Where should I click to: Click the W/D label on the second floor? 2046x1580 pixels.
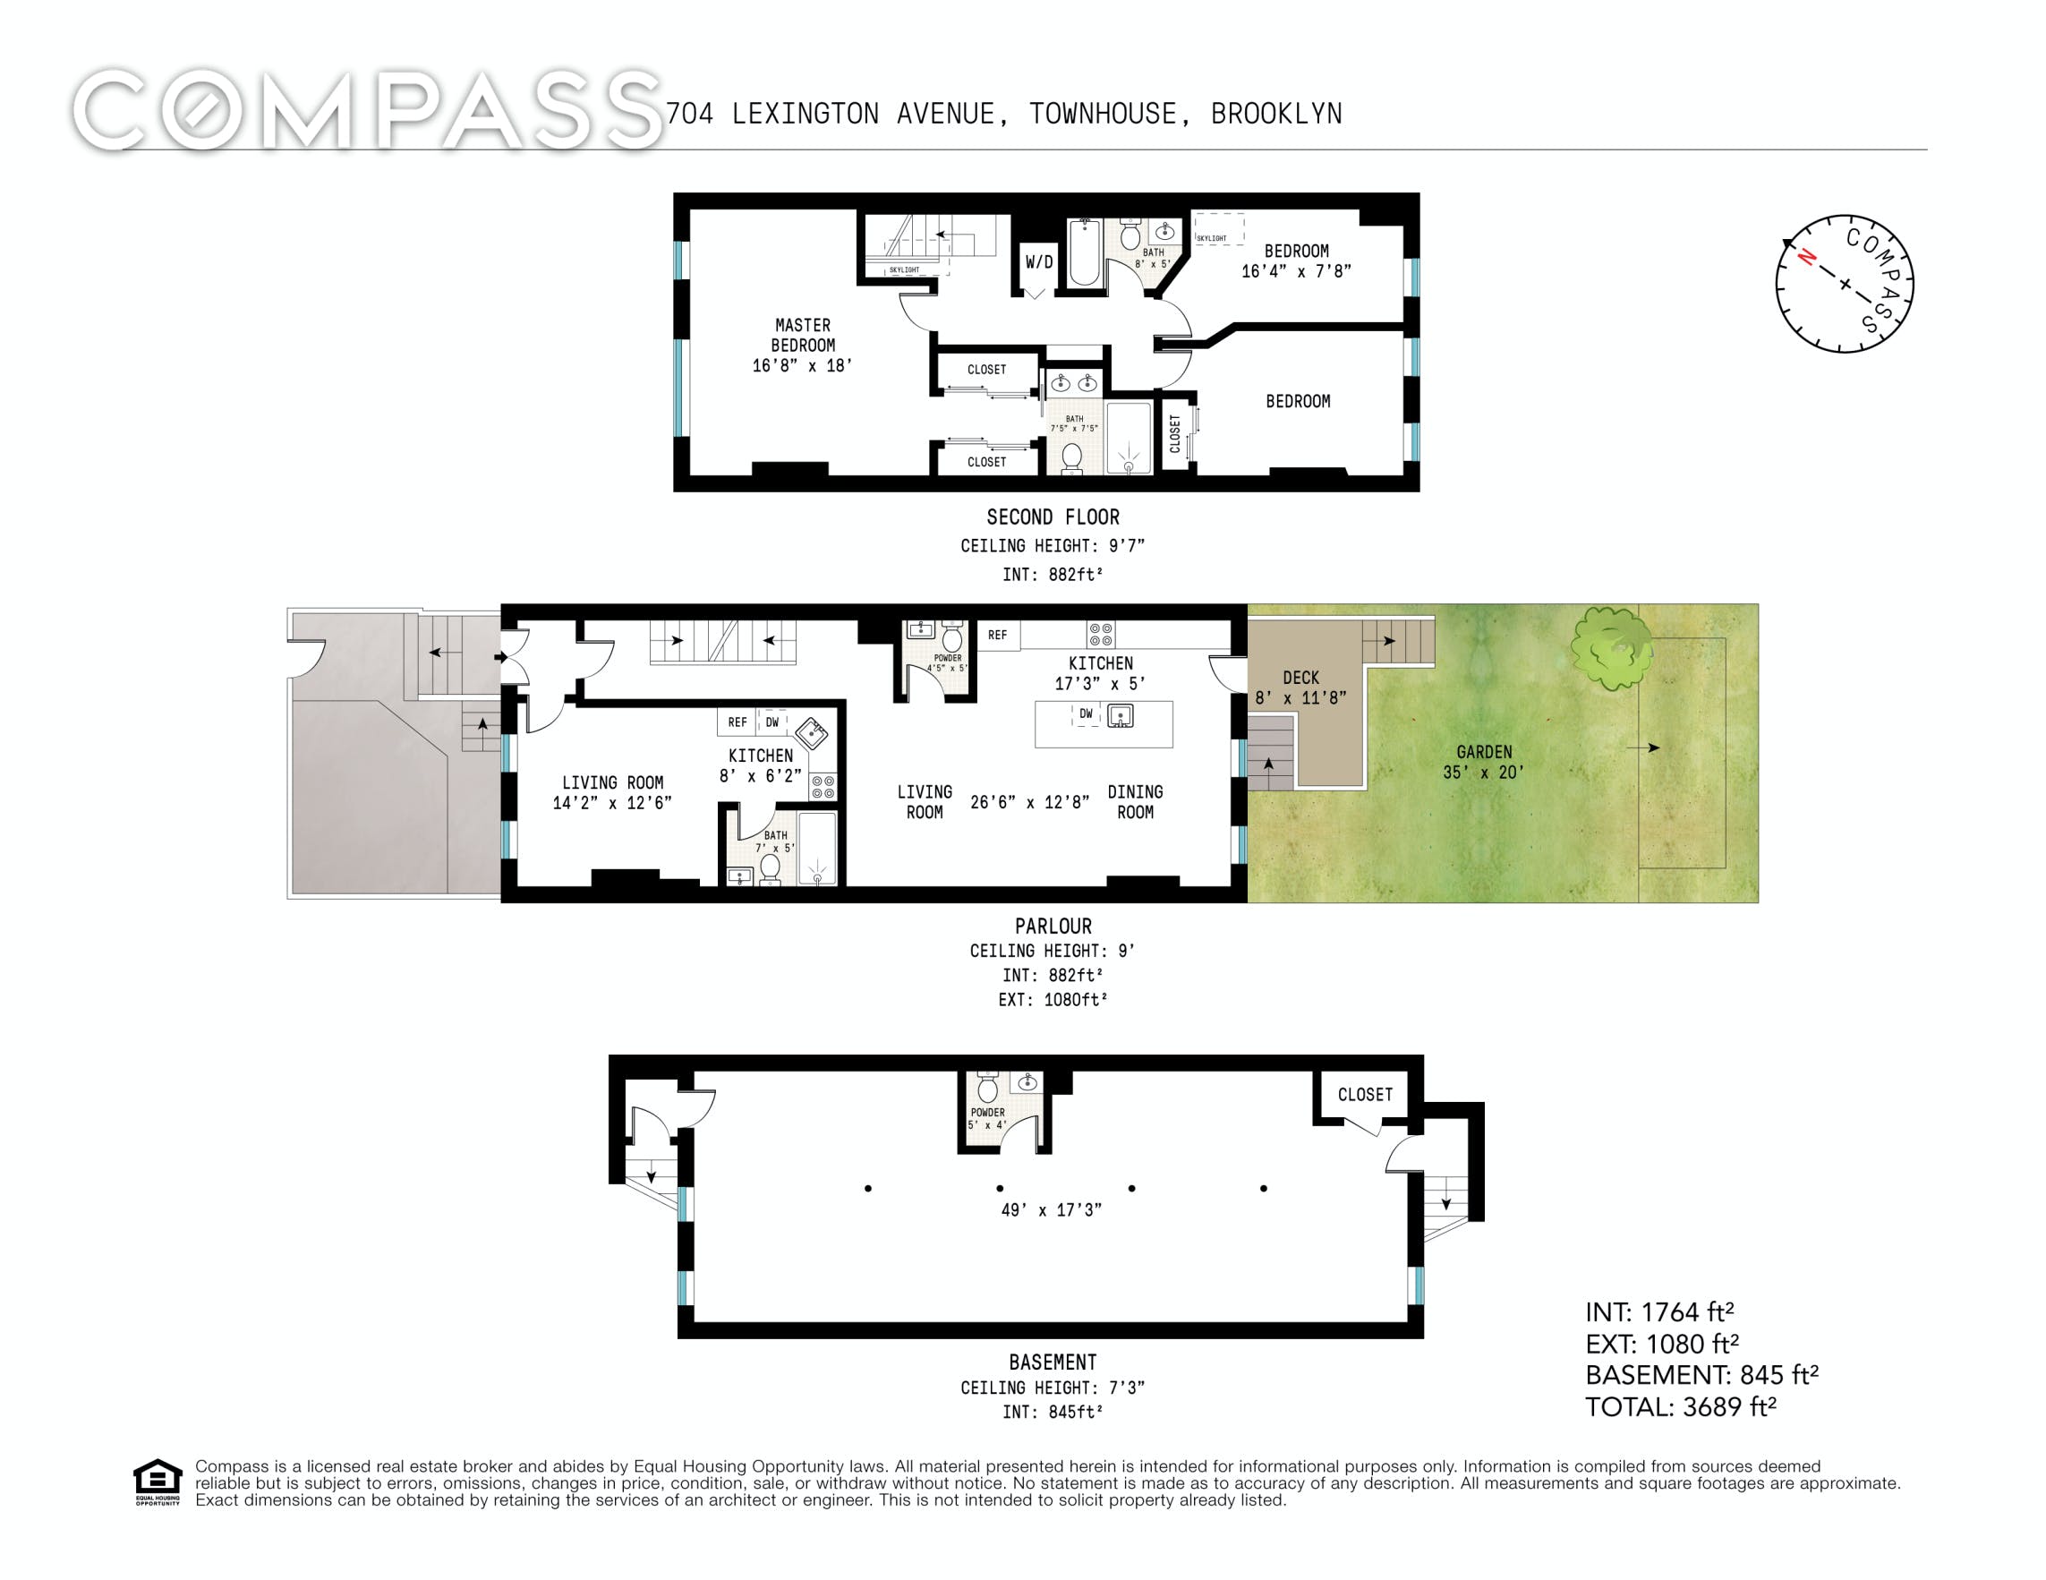click(x=1038, y=262)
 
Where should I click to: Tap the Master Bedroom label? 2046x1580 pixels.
click(x=803, y=336)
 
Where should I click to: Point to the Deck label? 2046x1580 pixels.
click(x=1300, y=678)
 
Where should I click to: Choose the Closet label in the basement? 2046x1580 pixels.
click(x=1365, y=1095)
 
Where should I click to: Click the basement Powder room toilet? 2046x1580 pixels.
click(x=987, y=1088)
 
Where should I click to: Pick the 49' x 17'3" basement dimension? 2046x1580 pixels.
click(x=1051, y=1209)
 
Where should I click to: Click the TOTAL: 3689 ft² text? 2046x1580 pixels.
click(x=1681, y=1406)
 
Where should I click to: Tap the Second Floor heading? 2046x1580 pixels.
click(x=1053, y=517)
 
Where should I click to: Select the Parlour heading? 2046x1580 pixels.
click(x=1053, y=926)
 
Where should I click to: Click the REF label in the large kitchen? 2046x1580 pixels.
click(x=998, y=636)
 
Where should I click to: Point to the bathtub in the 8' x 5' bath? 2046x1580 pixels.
click(x=1086, y=252)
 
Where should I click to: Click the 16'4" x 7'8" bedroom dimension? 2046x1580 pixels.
click(x=1297, y=272)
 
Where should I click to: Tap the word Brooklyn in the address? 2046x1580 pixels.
click(x=1276, y=114)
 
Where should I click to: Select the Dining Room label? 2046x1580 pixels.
click(x=1136, y=802)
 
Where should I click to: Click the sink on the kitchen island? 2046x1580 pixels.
click(x=1121, y=717)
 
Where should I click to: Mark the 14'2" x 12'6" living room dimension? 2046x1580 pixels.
click(x=613, y=803)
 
